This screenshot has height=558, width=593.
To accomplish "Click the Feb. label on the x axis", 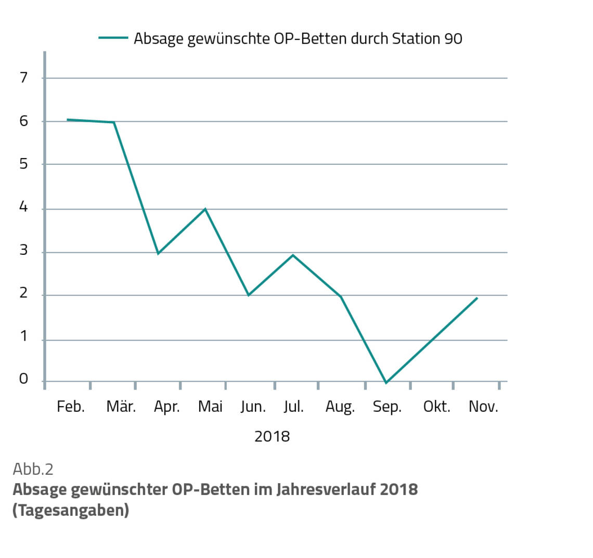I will (x=70, y=406).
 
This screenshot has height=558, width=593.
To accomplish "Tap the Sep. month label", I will (x=387, y=407).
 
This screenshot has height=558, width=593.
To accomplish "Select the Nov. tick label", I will (x=483, y=406).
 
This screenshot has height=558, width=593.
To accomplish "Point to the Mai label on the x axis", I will (x=210, y=406).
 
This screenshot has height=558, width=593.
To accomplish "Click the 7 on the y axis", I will (x=23, y=78).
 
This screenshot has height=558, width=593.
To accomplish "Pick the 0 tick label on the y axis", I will (x=23, y=379).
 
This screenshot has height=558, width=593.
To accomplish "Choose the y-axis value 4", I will (x=23, y=207).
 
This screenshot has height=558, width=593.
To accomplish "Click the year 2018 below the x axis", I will (x=272, y=436).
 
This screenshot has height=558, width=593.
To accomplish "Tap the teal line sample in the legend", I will (x=113, y=38).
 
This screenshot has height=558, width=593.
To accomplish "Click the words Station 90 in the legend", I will (x=427, y=38).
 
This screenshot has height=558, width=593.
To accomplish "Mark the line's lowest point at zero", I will (x=385, y=383).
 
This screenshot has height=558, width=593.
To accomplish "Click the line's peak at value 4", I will (x=205, y=209).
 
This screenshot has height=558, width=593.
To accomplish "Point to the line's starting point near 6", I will (x=68, y=120).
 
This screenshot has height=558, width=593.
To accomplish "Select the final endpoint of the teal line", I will (x=477, y=298).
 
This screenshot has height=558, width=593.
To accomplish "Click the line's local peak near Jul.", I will (x=293, y=255).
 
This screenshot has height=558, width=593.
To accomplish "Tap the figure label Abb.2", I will (x=33, y=469).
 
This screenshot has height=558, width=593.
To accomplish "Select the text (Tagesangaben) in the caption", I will (x=71, y=510).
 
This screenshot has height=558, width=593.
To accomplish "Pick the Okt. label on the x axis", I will (x=436, y=406).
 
